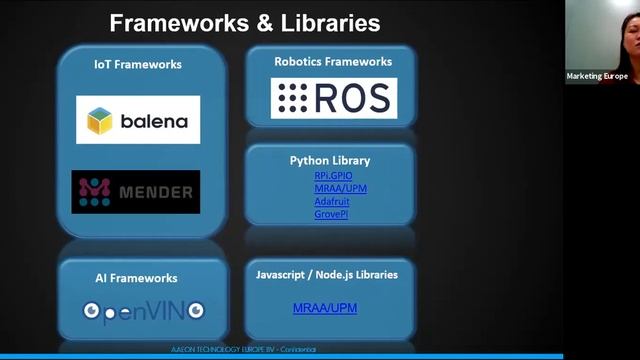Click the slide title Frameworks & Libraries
(244, 22)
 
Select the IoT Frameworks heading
(138, 64)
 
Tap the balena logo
(138, 120)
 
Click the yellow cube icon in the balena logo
(100, 121)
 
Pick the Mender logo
(135, 191)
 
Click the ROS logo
(334, 98)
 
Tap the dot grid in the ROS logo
(293, 98)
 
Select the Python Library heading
(330, 160)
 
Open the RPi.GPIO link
(333, 176)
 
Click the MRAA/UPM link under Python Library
(332, 189)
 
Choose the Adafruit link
(332, 201)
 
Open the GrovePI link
(331, 214)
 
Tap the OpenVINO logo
(143, 310)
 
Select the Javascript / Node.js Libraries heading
(327, 274)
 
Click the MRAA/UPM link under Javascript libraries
(325, 308)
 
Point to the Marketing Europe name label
(597, 76)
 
